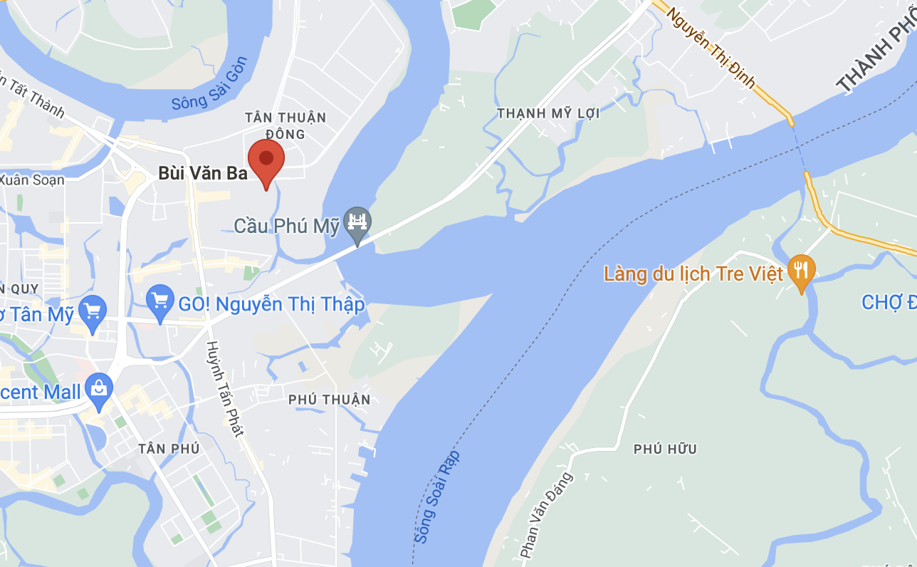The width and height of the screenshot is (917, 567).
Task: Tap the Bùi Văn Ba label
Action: [202, 173]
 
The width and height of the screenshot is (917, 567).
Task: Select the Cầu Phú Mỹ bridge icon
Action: [357, 222]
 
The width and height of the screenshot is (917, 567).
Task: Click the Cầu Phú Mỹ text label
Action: [287, 226]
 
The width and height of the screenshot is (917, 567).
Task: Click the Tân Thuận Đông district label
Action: [285, 125]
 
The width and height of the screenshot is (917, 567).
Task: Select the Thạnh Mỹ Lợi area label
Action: [548, 113]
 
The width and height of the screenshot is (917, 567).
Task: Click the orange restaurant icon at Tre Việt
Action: [802, 271]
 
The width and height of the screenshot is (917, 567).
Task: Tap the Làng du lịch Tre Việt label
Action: [693, 273]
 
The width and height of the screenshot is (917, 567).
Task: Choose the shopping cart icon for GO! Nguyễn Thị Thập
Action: [160, 302]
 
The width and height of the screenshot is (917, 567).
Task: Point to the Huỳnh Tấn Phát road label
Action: [225, 388]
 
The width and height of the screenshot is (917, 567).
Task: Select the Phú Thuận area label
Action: [330, 400]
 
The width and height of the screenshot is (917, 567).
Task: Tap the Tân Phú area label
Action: [169, 449]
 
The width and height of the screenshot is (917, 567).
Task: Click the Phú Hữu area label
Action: [665, 449]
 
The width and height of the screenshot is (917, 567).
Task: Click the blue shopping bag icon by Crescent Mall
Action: [98, 389]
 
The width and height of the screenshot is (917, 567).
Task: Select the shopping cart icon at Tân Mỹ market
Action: [93, 311]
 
